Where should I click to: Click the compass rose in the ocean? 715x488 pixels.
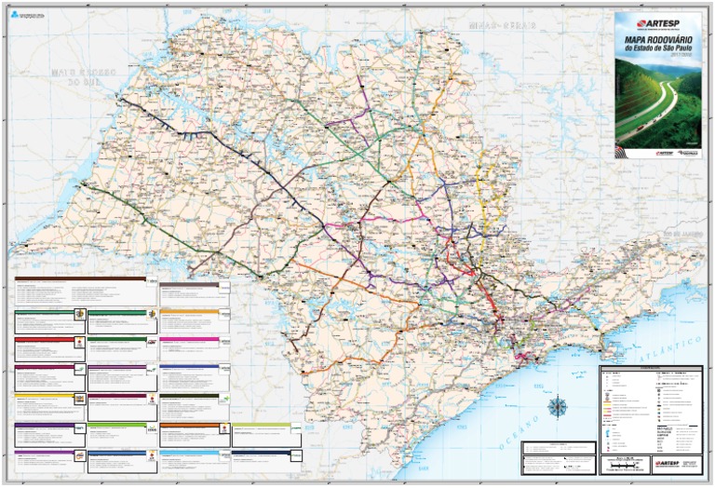[x=559, y=407]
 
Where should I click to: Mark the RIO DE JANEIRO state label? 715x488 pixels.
[x=684, y=232]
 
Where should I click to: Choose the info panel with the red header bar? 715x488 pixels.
[x=45, y=347]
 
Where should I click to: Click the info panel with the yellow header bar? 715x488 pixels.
[x=45, y=401]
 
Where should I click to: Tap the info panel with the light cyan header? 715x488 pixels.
[x=191, y=455]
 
